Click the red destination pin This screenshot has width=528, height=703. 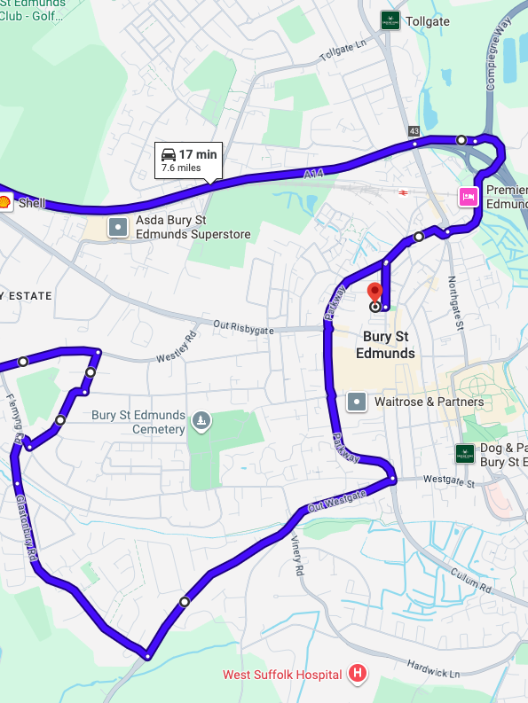[374, 292]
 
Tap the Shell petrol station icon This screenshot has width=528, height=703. [4, 202]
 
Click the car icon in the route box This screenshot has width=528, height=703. [168, 153]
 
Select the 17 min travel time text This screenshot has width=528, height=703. [198, 154]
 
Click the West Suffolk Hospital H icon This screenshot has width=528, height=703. [358, 675]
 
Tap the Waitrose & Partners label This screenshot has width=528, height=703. [429, 402]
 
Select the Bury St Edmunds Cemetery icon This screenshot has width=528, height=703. [202, 419]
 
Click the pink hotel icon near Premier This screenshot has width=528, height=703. [468, 196]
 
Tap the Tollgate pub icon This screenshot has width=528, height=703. [389, 20]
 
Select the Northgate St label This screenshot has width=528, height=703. [457, 301]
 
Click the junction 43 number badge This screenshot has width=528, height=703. [414, 131]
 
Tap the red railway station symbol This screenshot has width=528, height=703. [404, 191]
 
